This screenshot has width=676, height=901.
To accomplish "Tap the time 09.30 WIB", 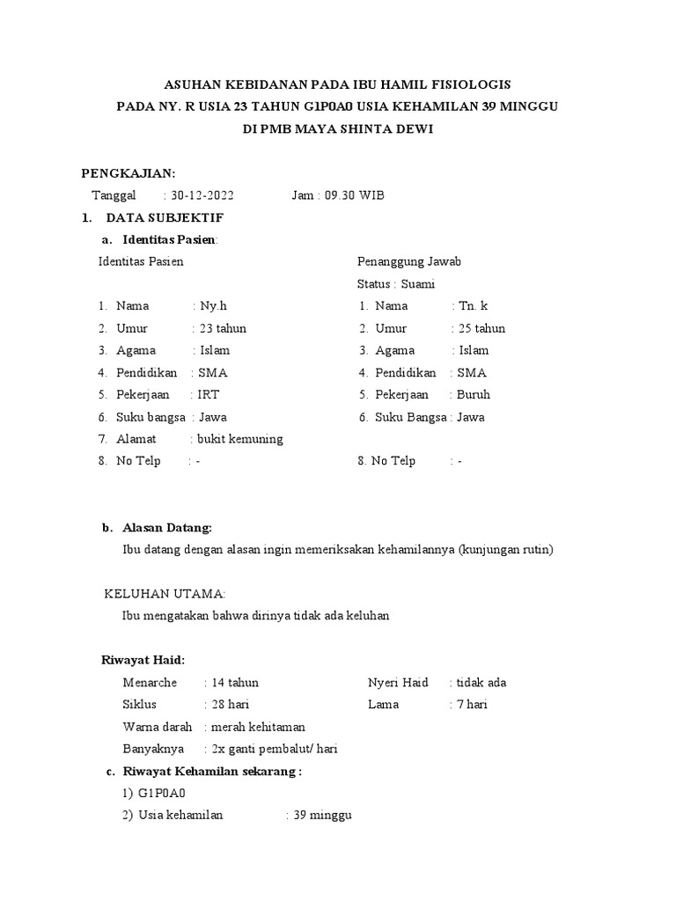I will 355,195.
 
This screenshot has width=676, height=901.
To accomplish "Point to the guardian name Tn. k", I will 474,306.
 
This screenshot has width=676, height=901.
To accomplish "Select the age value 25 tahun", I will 482,328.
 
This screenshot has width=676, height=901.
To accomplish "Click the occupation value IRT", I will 209,395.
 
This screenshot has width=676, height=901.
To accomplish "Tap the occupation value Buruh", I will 474,395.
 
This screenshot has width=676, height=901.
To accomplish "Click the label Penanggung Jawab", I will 408,261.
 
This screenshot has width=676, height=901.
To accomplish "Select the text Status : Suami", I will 396,284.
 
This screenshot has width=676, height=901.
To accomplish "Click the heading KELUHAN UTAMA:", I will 165,594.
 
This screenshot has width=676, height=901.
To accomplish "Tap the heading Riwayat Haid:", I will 144,660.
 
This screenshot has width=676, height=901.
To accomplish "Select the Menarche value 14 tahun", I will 235,683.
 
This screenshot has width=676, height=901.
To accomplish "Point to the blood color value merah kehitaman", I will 258,727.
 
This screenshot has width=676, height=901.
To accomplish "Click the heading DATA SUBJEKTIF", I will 165,217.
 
